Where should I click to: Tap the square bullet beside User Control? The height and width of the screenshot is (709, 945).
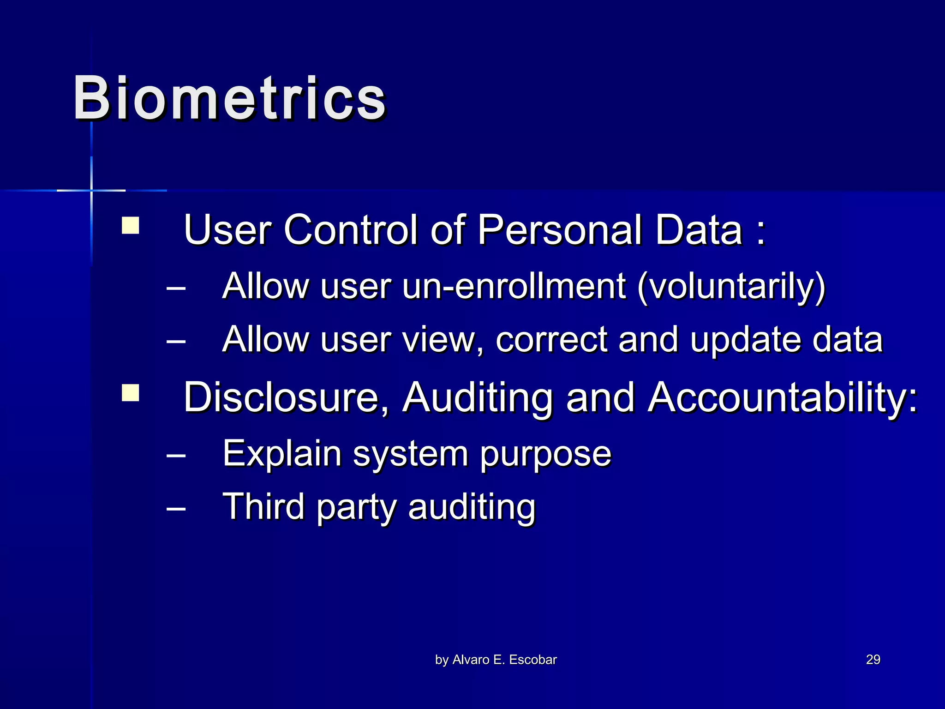point(130,226)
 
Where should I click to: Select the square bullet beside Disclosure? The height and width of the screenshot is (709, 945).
point(130,393)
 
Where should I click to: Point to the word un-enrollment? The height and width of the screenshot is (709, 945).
point(514,286)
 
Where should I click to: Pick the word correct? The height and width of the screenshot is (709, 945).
point(551,339)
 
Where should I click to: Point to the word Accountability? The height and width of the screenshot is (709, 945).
point(782,398)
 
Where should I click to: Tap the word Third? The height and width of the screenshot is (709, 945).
point(263,506)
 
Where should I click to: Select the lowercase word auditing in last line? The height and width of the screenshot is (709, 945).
point(472,507)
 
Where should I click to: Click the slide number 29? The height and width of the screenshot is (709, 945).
point(873,659)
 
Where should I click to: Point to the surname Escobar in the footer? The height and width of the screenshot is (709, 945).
point(532,660)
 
